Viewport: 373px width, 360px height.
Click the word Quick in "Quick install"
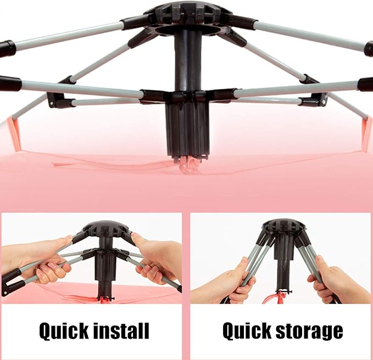click(x=64, y=331)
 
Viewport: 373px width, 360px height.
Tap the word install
click(x=121, y=330)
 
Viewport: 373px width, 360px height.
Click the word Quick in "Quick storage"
click(x=247, y=330)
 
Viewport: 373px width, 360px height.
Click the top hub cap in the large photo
click(x=188, y=13)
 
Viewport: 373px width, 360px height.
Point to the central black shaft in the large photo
click(x=188, y=62)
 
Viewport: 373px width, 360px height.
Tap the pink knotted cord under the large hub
click(x=188, y=165)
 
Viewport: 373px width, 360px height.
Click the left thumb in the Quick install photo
click(x=64, y=239)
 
